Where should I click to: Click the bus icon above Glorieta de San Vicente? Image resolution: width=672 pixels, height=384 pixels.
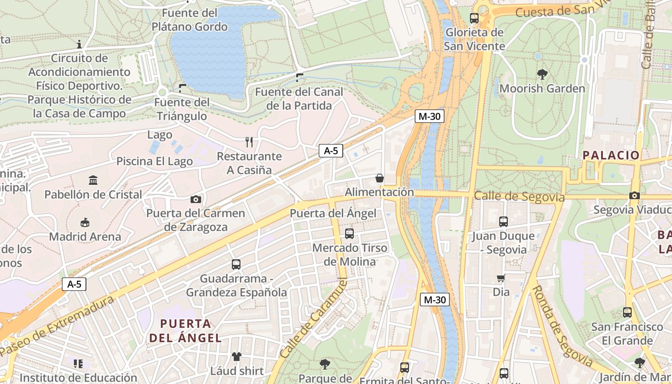[x=474, y=18]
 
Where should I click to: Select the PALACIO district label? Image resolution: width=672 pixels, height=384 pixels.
[x=611, y=155]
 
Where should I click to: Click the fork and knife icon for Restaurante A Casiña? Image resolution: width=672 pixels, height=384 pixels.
[x=249, y=142]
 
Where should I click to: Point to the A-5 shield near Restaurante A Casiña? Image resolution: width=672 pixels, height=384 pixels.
[x=331, y=151]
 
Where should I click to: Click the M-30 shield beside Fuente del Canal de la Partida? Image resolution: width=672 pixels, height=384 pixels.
[x=429, y=116]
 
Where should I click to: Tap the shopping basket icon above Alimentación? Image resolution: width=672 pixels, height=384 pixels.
[x=380, y=178]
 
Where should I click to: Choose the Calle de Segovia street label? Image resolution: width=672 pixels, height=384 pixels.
[x=518, y=197]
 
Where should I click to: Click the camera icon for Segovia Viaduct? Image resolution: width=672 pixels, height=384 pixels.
[x=634, y=195]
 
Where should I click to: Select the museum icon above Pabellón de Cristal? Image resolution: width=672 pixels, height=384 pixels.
[x=93, y=180]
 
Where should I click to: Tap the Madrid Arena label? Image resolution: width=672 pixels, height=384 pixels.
[x=85, y=237]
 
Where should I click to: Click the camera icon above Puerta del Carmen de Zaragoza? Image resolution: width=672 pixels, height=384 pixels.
[x=196, y=199]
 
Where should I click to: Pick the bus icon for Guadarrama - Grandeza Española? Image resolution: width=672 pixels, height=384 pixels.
[x=236, y=264]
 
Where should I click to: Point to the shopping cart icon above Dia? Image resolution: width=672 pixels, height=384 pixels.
[x=501, y=278]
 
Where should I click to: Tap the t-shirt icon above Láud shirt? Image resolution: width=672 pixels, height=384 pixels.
[x=237, y=357]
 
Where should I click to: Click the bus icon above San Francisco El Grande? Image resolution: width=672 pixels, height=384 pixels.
[x=627, y=312]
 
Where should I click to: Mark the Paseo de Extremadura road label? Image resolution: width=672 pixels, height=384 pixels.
[x=58, y=326]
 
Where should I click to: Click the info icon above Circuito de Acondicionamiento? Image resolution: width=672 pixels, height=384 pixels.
[x=79, y=45]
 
